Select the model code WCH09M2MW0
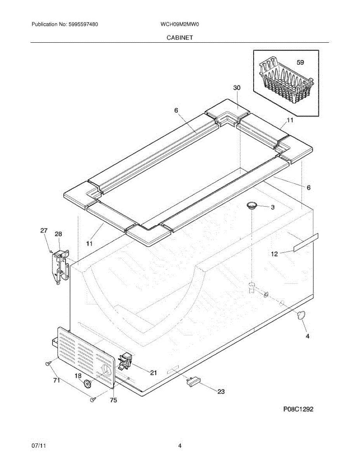(x=180, y=24)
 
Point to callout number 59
(x=300, y=62)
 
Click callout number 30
(x=237, y=88)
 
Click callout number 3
(x=273, y=207)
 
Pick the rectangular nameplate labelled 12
(x=306, y=243)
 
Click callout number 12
(x=274, y=254)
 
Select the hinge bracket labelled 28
(x=61, y=266)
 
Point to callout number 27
(x=44, y=231)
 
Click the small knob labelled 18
(x=88, y=384)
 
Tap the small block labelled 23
(x=192, y=382)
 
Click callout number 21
(x=153, y=373)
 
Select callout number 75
(x=113, y=400)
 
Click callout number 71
(x=57, y=381)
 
